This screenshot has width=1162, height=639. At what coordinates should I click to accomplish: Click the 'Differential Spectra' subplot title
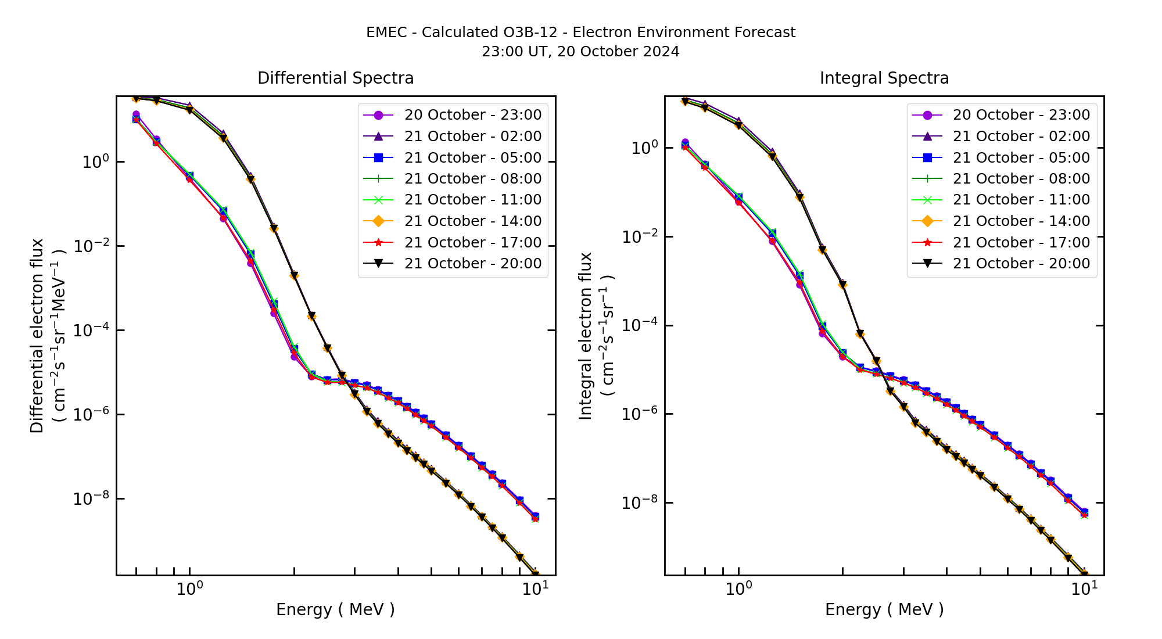point(335,78)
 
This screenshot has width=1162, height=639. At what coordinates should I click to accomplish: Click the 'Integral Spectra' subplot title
point(884,78)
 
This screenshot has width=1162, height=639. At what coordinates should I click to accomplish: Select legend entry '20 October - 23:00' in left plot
point(472,115)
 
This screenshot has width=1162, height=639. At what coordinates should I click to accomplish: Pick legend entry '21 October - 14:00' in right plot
point(1021,221)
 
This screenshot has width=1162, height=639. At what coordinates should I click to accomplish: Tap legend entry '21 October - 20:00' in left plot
point(472,264)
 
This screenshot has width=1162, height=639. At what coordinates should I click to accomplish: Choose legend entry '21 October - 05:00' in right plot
point(1021,157)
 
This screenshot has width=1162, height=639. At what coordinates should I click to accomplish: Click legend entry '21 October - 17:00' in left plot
point(472,242)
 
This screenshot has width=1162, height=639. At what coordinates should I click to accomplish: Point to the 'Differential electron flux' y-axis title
point(38,336)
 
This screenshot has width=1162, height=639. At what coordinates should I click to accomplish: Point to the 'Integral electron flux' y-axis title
point(586,336)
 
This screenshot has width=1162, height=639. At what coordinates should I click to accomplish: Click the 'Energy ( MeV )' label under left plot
point(335,609)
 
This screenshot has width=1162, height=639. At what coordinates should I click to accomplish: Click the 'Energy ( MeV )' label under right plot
point(884,609)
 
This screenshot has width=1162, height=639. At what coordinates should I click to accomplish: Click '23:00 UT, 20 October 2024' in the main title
point(580,52)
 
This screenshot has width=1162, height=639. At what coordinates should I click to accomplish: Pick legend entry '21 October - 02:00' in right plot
point(1021,137)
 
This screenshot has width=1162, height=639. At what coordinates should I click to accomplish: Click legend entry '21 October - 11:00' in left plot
point(472,200)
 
